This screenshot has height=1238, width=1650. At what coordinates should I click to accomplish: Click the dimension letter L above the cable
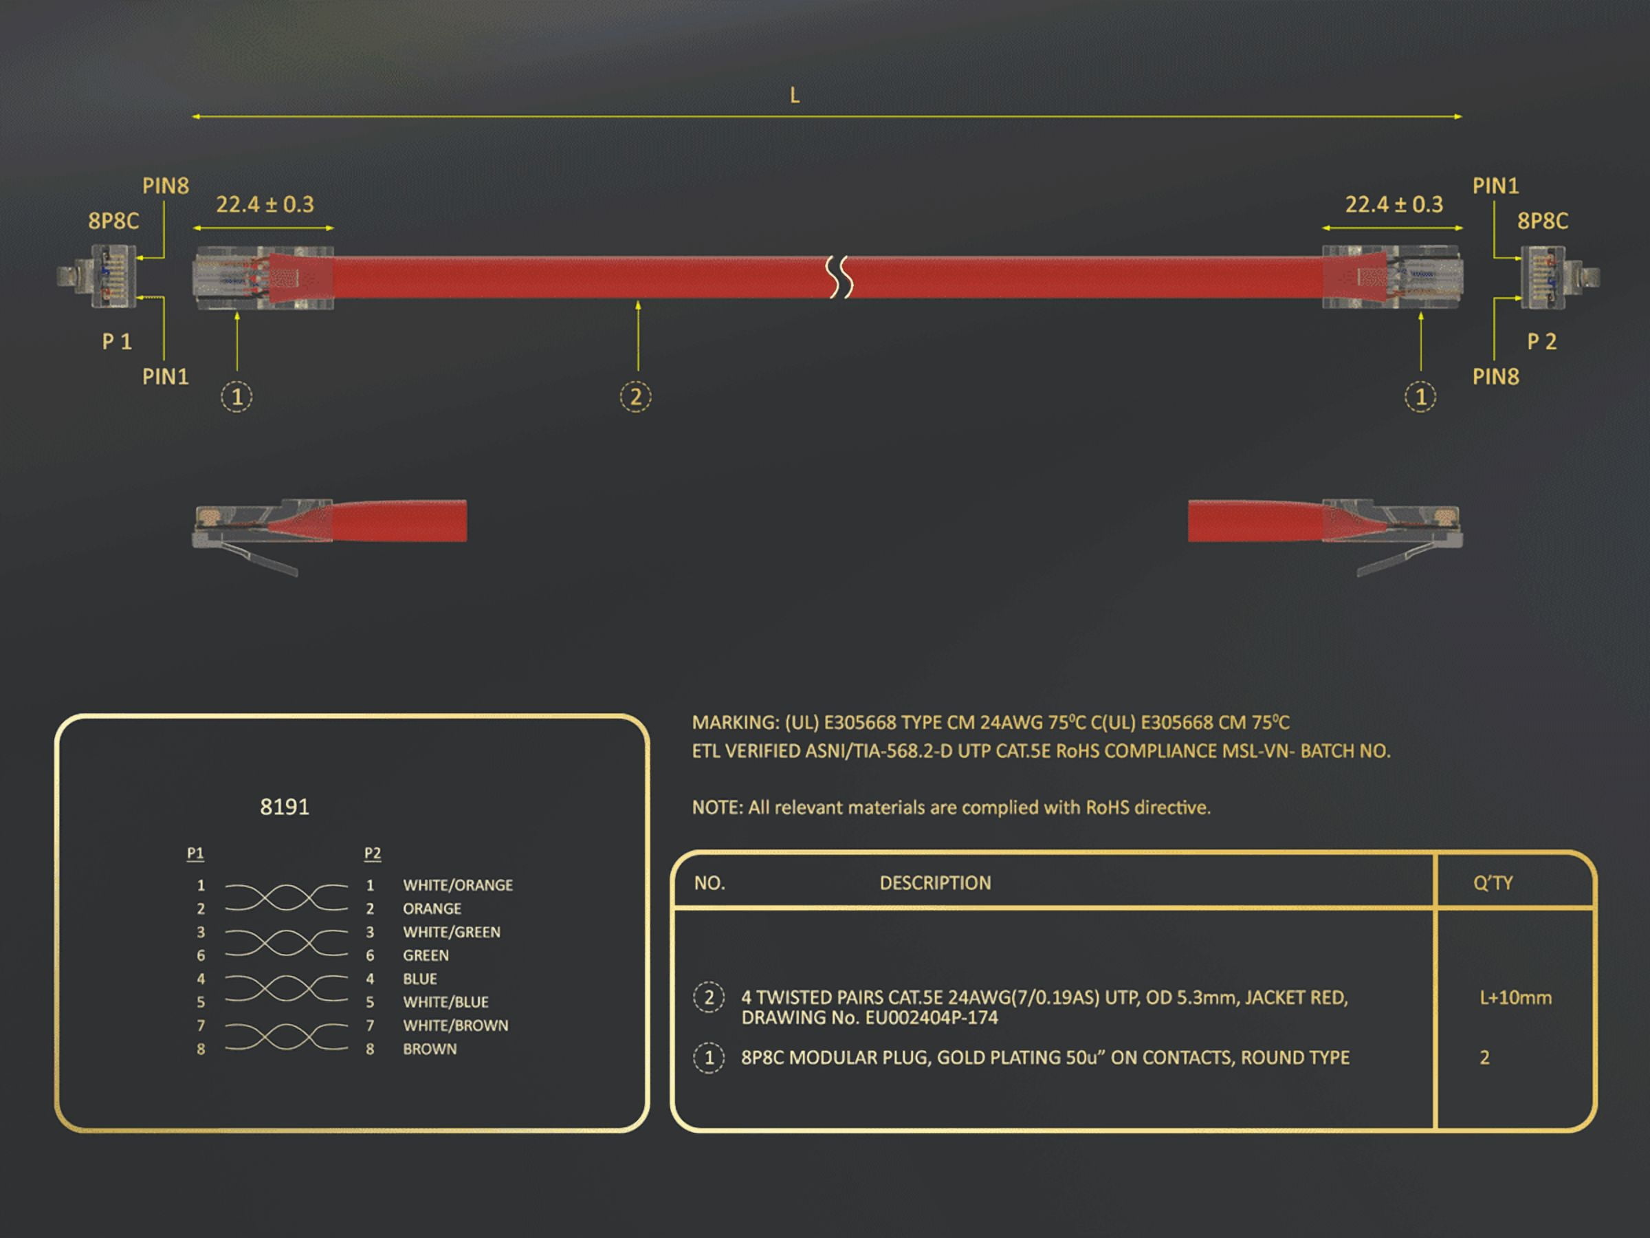click(x=795, y=96)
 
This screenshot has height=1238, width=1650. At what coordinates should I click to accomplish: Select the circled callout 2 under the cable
click(x=635, y=396)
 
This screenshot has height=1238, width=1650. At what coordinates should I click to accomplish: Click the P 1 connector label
click(x=117, y=342)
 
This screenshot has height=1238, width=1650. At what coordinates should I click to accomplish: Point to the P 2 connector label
click(x=1542, y=342)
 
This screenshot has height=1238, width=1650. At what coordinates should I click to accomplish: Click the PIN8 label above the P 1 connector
click(x=166, y=186)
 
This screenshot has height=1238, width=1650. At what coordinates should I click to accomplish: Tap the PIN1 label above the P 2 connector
click(x=1495, y=186)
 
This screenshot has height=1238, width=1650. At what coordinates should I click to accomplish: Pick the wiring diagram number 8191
click(x=284, y=807)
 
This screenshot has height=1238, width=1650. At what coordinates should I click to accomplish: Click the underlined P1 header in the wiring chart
click(x=195, y=853)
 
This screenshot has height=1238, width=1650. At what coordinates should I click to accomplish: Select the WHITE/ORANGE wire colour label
click(x=458, y=885)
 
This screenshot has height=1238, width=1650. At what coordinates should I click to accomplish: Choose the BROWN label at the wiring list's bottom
click(x=430, y=1048)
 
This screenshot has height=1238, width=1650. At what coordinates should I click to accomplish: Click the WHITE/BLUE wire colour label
click(x=446, y=1002)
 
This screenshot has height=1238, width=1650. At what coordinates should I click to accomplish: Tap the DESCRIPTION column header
click(x=936, y=883)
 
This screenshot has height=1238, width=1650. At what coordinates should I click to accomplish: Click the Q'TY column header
click(x=1493, y=883)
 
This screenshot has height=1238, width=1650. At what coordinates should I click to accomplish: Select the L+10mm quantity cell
click(x=1516, y=998)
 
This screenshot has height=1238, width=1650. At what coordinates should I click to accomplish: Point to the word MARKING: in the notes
click(x=736, y=722)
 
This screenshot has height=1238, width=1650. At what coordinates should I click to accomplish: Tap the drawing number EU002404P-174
click(x=931, y=1018)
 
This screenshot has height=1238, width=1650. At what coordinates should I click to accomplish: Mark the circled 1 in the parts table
click(x=709, y=1057)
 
